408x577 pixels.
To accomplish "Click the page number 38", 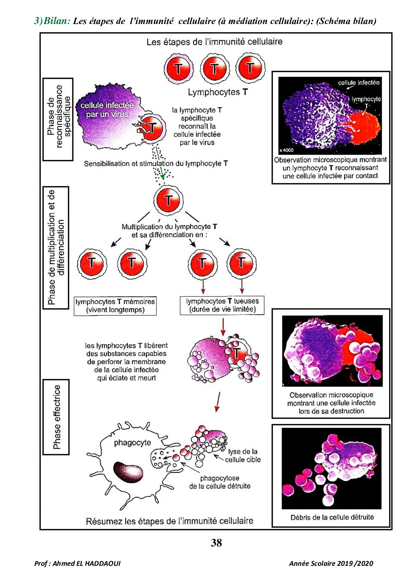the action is pos(216,543).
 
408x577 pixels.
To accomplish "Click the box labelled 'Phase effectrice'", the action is pos(56,417).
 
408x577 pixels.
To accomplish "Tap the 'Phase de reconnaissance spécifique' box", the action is pos(58,119).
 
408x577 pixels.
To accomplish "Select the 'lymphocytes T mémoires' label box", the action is pos(115,306).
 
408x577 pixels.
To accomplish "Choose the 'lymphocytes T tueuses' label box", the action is pos(222,305).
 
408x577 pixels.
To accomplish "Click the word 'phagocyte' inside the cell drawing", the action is pos(132,443).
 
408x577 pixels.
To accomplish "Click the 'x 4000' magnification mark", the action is pos(286,150).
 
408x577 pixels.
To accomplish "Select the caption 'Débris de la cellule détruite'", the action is pos(332,517).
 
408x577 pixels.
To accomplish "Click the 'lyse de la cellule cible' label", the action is pos(243,456).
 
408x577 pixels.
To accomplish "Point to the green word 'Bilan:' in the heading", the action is pos(57,21).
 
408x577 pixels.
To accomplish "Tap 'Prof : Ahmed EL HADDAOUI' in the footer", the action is pos(77,563).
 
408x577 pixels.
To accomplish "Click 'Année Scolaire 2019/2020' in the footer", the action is pos(331,563).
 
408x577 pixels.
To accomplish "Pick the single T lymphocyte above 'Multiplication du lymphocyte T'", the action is pos(168,200).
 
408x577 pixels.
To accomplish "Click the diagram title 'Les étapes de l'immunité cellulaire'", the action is pos(215,42).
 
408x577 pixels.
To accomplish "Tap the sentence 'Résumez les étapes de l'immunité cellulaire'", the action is pos(169,521).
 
